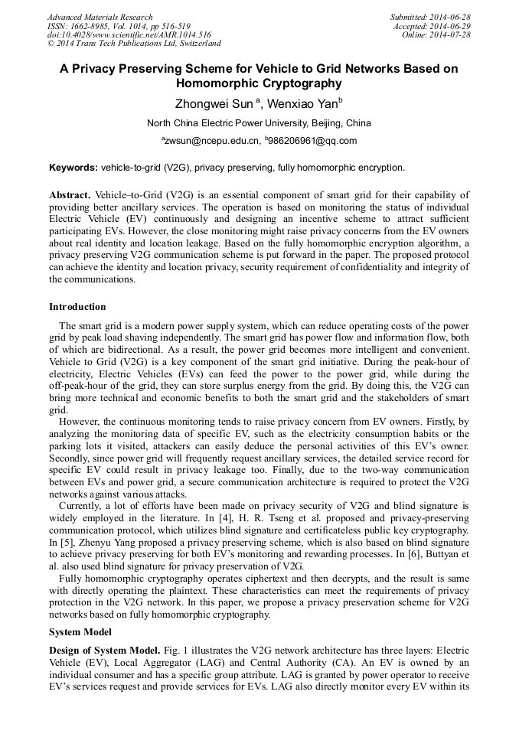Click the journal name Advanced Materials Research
coord(100,17)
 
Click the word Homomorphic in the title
coord(217,83)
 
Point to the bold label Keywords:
coord(73,167)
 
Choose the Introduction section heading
coord(77,307)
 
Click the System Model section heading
coord(80,632)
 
